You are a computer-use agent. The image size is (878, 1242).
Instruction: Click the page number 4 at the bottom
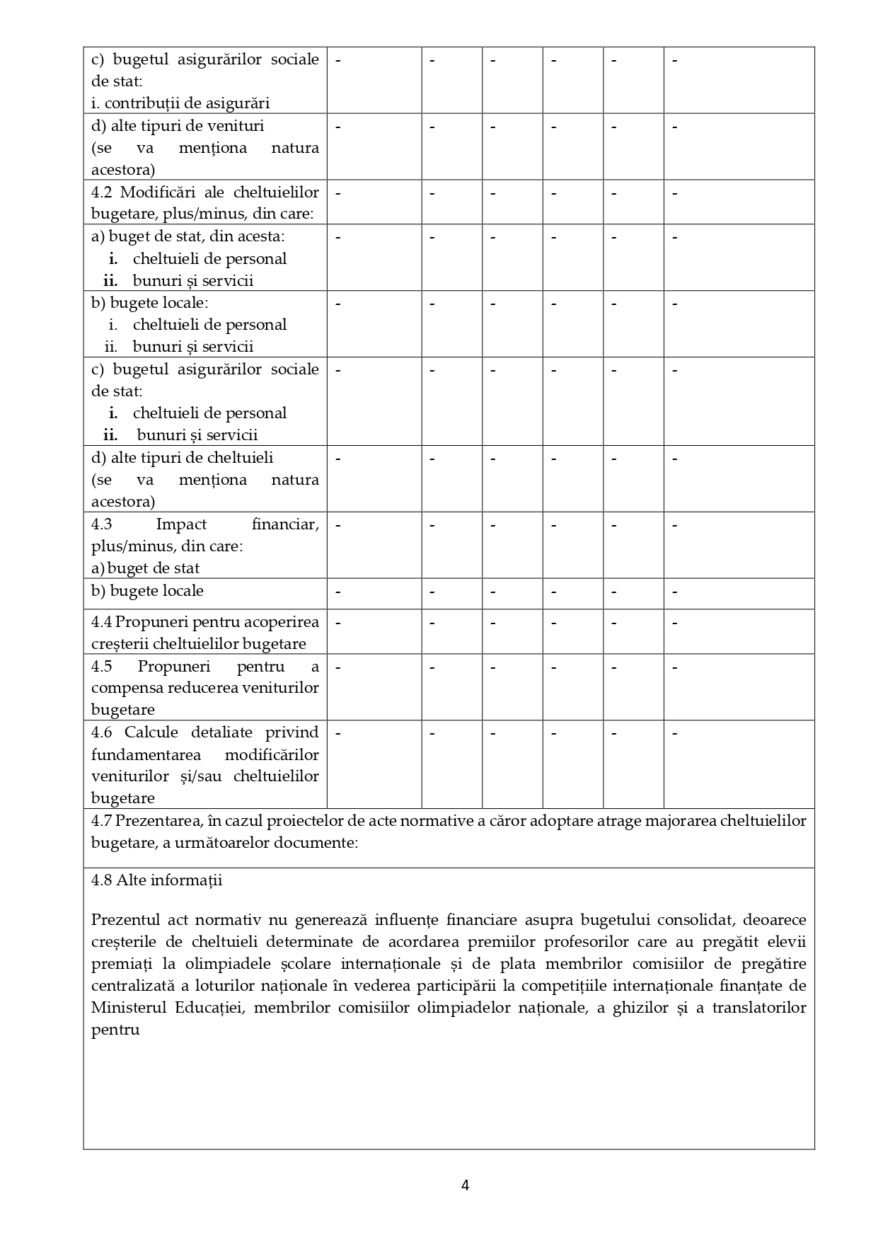point(465,1185)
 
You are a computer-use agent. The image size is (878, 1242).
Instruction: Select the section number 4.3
point(103,524)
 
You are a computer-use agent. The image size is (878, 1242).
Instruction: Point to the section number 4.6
point(104,732)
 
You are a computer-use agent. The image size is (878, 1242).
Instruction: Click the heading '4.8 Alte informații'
point(156,880)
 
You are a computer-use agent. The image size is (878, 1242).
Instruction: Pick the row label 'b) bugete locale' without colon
point(147,591)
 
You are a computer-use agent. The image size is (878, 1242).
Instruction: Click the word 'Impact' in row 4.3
point(181,524)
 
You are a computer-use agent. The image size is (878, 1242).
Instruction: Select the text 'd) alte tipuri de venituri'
point(178,126)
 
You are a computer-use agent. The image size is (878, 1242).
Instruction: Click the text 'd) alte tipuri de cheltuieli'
point(182,458)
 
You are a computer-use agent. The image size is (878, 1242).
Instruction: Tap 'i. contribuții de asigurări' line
point(180,103)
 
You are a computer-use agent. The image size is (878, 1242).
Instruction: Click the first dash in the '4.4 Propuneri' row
point(338,623)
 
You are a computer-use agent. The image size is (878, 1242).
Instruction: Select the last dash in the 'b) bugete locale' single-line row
point(675,592)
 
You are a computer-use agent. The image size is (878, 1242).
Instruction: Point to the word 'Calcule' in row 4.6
point(151,732)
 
